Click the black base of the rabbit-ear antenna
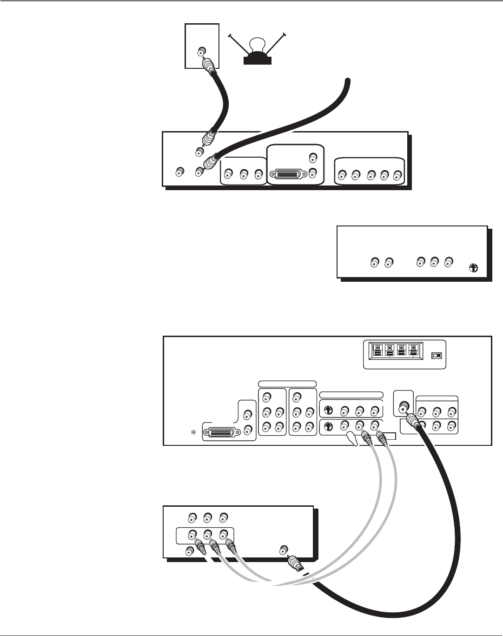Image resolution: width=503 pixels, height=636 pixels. [x=257, y=60]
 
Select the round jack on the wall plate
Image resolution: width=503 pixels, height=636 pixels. [x=202, y=51]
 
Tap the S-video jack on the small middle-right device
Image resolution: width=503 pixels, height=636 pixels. [x=473, y=268]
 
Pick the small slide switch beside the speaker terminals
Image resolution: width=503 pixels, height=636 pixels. [x=436, y=356]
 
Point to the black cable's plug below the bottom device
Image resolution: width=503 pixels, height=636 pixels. [x=294, y=565]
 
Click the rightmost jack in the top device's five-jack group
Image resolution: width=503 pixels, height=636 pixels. [x=397, y=175]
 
